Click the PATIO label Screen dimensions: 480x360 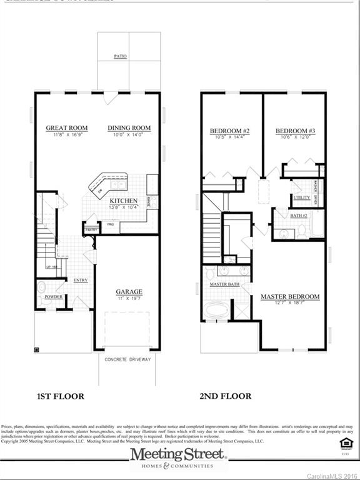tap(121, 56)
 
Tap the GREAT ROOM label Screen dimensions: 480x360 tap(66, 128)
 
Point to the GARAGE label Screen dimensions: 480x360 tap(129, 291)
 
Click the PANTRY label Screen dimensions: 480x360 tap(91, 230)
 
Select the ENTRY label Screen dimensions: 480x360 tap(81, 281)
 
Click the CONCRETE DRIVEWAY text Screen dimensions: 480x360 tap(128, 360)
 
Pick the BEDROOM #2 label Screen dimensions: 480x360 tap(229, 131)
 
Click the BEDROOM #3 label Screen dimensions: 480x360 tap(295, 131)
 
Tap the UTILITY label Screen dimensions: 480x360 tap(301, 197)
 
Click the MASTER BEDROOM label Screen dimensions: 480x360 tap(290, 296)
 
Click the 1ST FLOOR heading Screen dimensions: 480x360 tap(60, 396)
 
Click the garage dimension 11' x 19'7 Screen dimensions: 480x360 tap(129, 299)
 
